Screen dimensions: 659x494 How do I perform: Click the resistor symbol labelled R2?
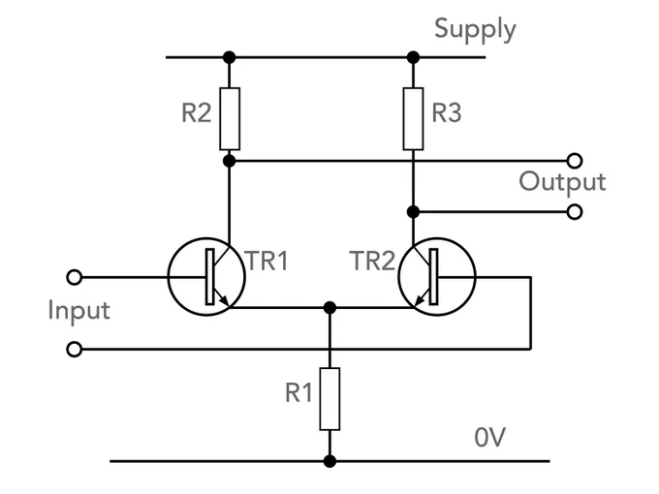click(230, 119)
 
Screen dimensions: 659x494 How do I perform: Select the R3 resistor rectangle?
click(413, 119)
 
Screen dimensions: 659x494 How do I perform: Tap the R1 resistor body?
click(329, 399)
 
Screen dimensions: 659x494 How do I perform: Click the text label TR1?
click(267, 261)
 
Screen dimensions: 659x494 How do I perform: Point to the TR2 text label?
click(372, 261)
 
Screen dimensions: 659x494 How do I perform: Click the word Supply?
click(475, 29)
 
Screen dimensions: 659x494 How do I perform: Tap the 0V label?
click(489, 437)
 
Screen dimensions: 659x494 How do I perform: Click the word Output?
click(562, 181)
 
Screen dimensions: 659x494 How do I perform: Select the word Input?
click(79, 311)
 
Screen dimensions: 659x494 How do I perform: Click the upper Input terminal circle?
click(75, 277)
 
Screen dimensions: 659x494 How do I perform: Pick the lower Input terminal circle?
click(75, 349)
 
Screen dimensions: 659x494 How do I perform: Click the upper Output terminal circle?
click(575, 161)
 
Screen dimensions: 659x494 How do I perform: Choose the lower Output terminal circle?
click(575, 212)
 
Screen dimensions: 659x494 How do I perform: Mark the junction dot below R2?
click(229, 161)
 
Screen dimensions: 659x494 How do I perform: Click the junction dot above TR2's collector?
click(413, 212)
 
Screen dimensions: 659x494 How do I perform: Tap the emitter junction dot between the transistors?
click(329, 307)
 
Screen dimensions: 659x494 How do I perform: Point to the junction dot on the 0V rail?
click(329, 461)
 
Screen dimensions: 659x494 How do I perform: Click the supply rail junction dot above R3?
click(413, 57)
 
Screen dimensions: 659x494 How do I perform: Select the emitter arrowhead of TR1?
click(225, 301)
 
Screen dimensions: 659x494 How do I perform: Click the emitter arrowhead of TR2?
click(419, 301)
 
